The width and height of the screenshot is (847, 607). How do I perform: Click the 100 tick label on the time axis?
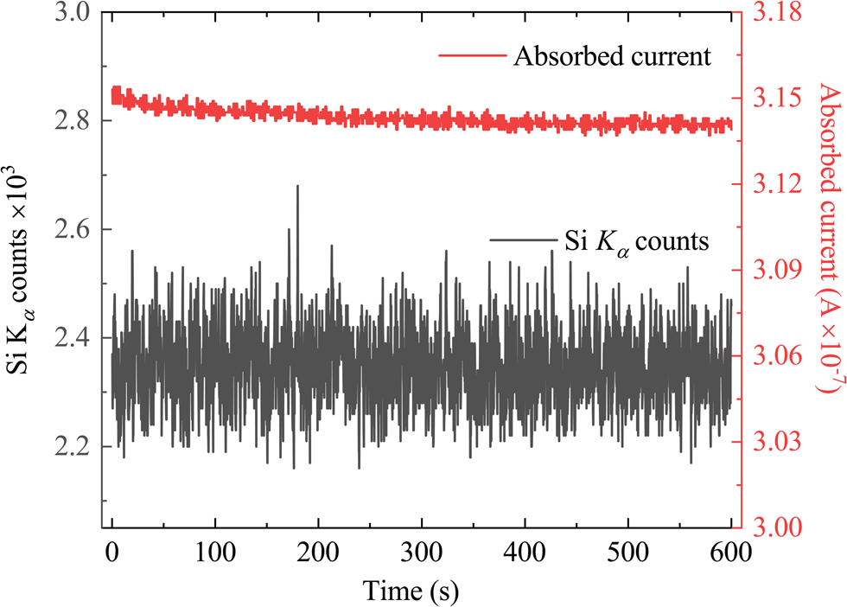[x=215, y=555]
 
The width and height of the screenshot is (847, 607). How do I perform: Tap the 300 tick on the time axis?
[x=422, y=555]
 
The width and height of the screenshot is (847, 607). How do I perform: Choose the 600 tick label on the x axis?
[x=731, y=555]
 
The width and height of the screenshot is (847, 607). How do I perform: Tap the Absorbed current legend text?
[x=611, y=57]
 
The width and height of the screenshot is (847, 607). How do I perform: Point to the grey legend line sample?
[x=519, y=239]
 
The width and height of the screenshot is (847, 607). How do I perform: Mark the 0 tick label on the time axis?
[x=112, y=555]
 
